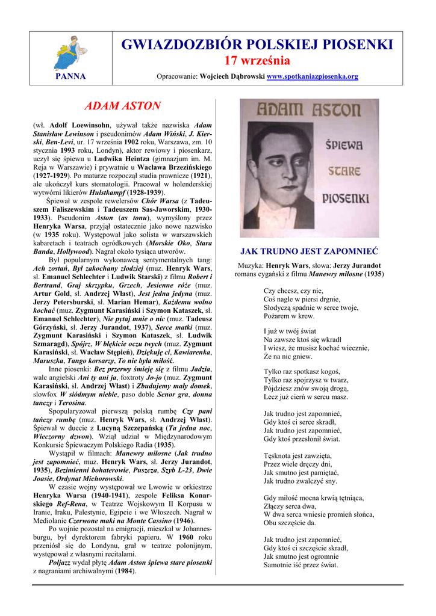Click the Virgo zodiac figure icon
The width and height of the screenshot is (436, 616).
tap(70, 52)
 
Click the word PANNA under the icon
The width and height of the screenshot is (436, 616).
tap(70, 76)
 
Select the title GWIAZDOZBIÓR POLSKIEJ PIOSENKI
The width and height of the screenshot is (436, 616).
tap(257, 45)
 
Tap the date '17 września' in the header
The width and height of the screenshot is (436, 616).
tap(257, 60)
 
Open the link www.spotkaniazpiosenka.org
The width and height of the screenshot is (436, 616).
tap(312, 77)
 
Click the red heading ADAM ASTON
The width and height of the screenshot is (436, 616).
tap(122, 106)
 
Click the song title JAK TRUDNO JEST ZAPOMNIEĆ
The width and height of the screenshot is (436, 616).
tap(309, 251)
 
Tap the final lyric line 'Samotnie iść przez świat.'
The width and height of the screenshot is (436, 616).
tap(301, 565)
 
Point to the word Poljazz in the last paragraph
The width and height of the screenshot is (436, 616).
tap(62, 562)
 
